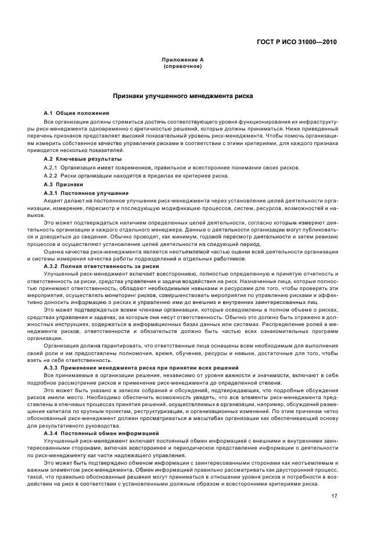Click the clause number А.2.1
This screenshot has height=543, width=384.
[52, 168]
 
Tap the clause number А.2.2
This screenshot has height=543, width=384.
[52, 176]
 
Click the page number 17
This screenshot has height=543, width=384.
[335, 495]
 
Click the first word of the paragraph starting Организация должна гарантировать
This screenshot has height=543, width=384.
[60, 345]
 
